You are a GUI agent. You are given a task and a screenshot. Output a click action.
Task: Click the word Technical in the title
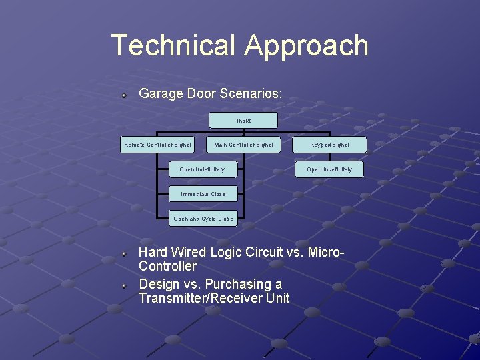click(x=173, y=45)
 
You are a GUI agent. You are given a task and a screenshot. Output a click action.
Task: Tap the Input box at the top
click(x=243, y=121)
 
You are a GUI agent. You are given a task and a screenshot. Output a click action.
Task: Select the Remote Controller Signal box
click(x=157, y=145)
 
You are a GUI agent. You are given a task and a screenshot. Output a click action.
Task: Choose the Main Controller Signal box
click(x=243, y=145)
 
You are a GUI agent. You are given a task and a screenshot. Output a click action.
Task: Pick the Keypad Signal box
click(x=329, y=145)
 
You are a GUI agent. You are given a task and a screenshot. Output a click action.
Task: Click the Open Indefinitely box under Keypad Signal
click(x=329, y=169)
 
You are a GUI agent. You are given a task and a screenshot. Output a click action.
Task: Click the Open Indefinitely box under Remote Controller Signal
click(x=202, y=169)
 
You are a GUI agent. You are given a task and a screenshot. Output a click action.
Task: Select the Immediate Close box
click(x=203, y=194)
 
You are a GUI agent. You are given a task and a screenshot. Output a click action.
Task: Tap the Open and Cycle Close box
click(x=203, y=219)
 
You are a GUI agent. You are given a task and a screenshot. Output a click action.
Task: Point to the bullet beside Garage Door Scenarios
click(x=124, y=95)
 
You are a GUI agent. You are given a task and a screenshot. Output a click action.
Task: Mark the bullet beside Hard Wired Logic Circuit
click(x=124, y=254)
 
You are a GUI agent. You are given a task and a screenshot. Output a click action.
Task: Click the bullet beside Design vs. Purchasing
click(x=124, y=285)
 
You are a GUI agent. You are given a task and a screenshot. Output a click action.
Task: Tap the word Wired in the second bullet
click(x=189, y=253)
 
